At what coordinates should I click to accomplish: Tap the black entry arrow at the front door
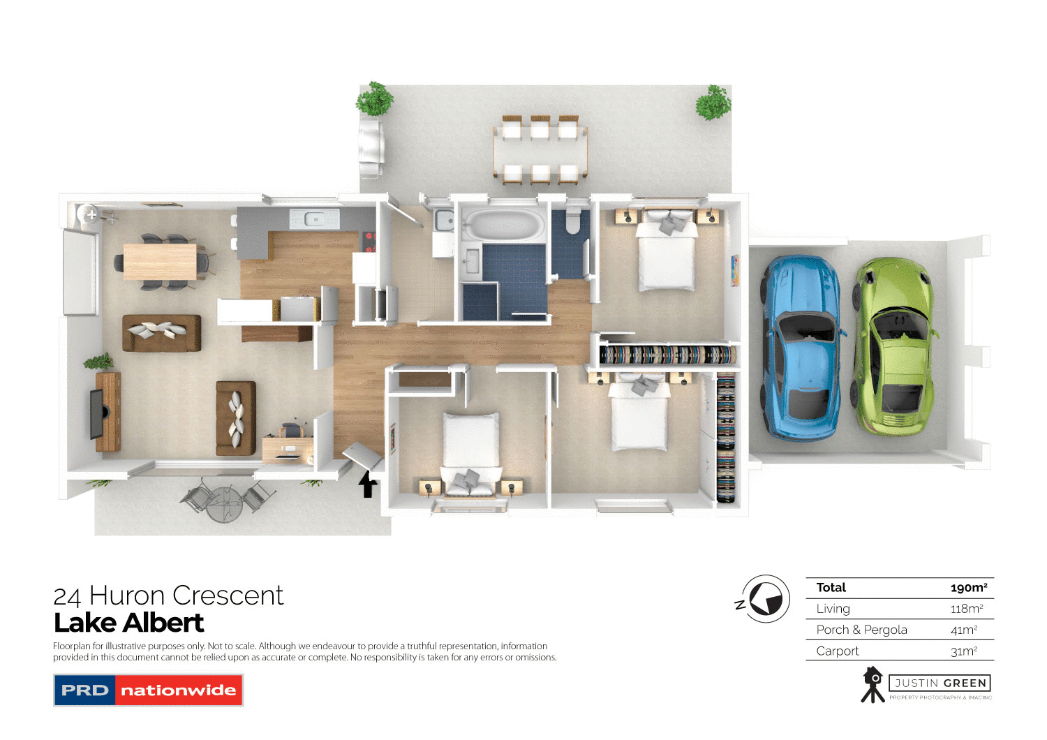[x=367, y=484]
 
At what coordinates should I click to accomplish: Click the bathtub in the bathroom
[x=504, y=225]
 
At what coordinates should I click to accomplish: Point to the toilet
[x=573, y=219]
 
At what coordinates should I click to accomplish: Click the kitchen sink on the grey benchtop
[x=314, y=219]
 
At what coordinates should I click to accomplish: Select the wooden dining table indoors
[x=160, y=262]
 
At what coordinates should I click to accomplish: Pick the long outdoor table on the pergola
[x=540, y=150]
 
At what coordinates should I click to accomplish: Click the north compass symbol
[x=764, y=599]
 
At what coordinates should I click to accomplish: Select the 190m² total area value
[x=968, y=588]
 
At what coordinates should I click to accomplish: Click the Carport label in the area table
[x=838, y=651]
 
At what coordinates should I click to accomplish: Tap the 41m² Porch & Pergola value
[x=963, y=630]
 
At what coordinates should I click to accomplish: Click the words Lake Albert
[x=129, y=622]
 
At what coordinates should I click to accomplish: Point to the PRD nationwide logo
[x=148, y=690]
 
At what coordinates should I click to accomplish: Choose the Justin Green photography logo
[x=926, y=685]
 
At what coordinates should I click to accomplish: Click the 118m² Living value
[x=966, y=609]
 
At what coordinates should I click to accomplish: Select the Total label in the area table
[x=831, y=588]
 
